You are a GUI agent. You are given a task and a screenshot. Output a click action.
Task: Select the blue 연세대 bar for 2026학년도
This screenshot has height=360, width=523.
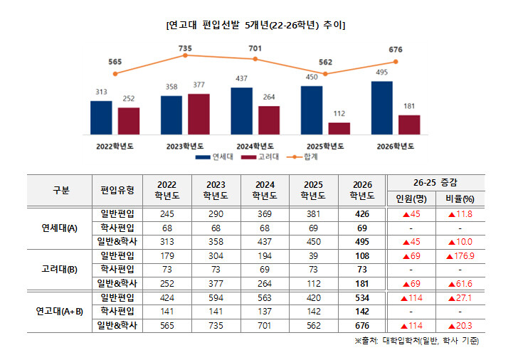point(382,107)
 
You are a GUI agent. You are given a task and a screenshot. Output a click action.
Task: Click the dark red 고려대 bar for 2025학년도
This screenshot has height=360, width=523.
point(339,128)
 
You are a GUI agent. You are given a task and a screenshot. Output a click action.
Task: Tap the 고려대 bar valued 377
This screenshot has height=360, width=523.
point(199,114)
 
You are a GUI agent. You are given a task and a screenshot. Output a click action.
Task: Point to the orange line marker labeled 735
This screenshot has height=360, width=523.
point(185,55)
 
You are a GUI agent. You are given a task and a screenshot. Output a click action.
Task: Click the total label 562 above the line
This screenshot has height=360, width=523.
point(325,62)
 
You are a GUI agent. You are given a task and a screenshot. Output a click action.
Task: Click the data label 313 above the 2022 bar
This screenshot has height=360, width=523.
point(101,92)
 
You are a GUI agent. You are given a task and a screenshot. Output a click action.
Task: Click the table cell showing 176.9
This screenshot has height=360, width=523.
point(460,255)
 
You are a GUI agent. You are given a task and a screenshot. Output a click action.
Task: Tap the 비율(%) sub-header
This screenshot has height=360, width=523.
point(460,198)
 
